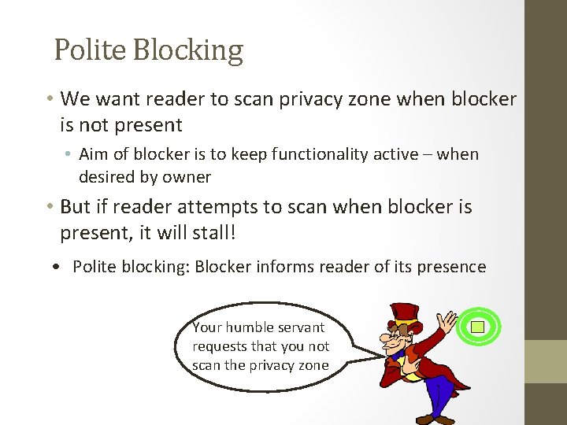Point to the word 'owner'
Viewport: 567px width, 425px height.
click(x=187, y=176)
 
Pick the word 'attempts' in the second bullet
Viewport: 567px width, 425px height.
click(x=197, y=207)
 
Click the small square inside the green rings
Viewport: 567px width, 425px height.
click(x=477, y=326)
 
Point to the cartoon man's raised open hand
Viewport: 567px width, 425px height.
click(x=447, y=323)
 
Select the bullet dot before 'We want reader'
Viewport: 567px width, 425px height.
click(x=49, y=99)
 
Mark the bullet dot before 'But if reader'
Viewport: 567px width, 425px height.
click(x=49, y=208)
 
